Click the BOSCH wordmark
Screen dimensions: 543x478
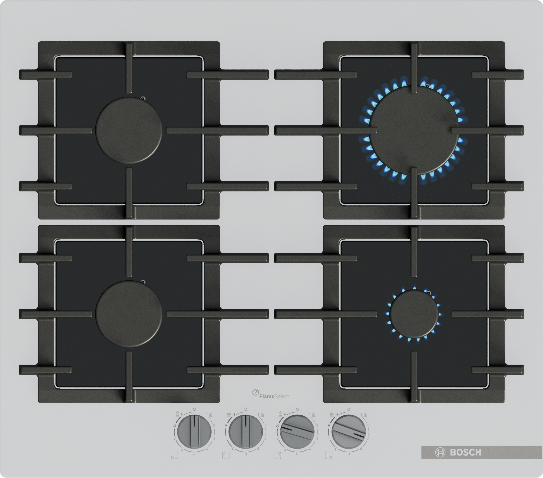465,452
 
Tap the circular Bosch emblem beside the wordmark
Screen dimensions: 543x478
440,452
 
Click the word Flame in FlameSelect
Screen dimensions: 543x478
267,397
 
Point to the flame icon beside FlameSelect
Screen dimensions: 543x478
255,393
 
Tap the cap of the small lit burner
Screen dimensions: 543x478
414,314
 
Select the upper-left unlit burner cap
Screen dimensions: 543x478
129,130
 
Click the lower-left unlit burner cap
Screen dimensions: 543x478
129,314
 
